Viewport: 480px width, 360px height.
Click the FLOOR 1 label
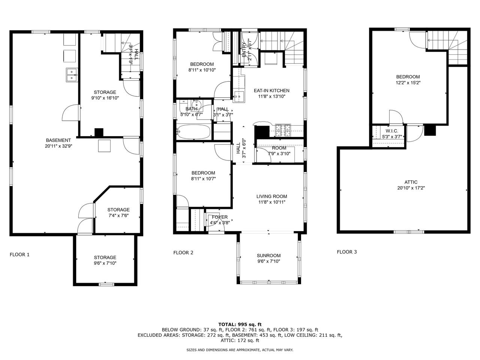(19, 255)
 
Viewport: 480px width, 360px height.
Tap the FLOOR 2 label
(183, 253)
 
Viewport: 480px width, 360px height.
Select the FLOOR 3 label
(347, 252)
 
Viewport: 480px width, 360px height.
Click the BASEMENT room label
(58, 140)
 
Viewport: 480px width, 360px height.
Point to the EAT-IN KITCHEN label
(271, 90)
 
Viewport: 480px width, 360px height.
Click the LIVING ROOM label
(271, 196)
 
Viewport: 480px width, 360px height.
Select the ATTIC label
(411, 182)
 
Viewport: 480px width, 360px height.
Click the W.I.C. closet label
(391, 131)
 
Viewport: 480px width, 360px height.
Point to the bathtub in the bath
(193, 132)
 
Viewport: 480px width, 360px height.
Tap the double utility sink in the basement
(71, 75)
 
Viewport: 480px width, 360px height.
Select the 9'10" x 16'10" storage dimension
(105, 98)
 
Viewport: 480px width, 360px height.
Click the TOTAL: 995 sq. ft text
(240, 324)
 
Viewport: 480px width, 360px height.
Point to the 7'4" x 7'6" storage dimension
(118, 216)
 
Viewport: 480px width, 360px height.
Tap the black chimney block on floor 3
(430, 130)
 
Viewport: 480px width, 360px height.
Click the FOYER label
(220, 217)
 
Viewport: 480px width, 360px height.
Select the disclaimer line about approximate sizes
(240, 350)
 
